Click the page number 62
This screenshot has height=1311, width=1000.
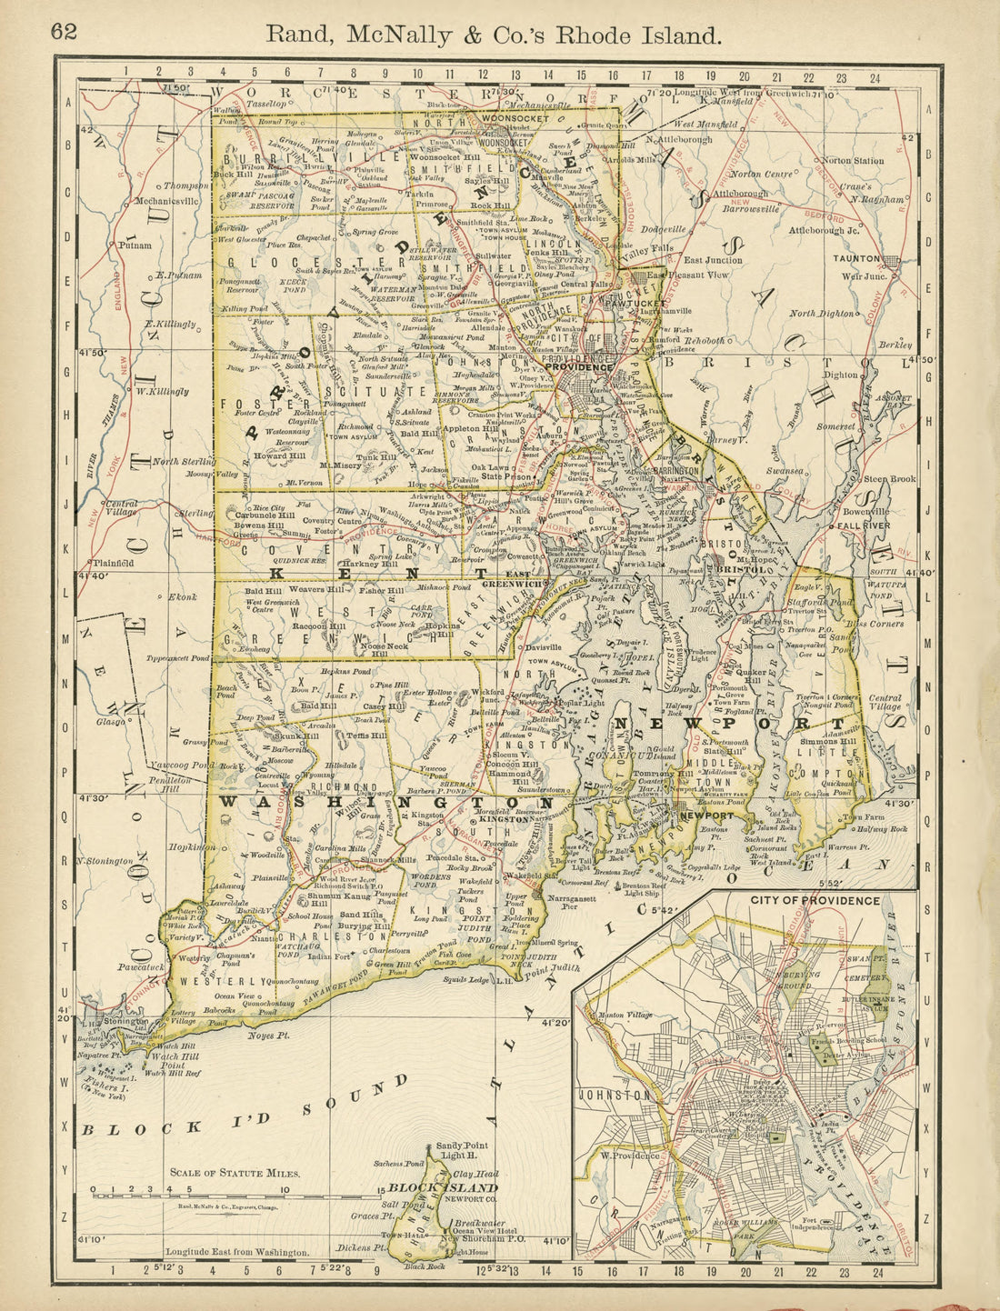65,32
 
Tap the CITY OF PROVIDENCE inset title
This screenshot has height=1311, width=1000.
815,900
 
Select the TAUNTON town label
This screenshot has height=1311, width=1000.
857,258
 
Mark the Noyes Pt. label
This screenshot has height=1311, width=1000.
268,1034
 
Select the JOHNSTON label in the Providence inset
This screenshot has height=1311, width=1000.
618,1095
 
